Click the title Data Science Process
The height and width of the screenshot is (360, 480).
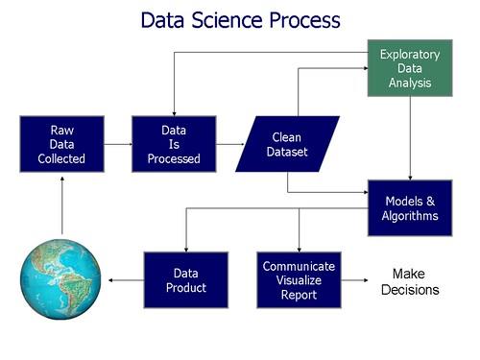point(240,20)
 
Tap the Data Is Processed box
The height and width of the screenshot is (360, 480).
point(174,144)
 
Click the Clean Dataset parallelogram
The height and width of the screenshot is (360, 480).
point(287,144)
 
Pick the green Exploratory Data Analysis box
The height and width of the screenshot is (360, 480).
point(410,68)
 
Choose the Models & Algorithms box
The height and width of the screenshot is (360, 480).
point(411,207)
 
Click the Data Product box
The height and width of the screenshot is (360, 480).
point(185,279)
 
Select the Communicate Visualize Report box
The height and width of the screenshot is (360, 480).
point(299,279)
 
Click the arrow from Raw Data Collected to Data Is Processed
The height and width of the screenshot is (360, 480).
point(118,144)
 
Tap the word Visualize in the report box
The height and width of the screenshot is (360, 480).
point(299,280)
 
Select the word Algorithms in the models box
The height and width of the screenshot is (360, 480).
point(411,216)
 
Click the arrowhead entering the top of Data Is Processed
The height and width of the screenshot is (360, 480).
point(174,110)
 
